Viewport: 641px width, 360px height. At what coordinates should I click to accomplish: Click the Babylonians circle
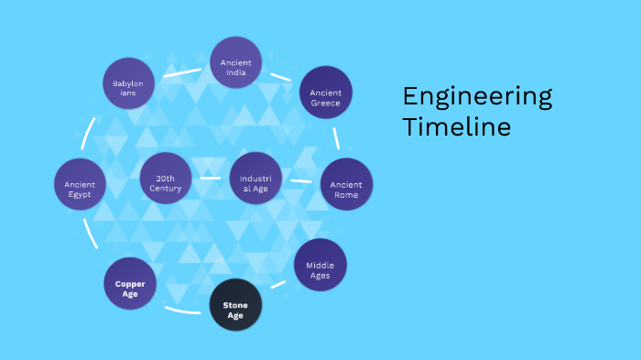128,83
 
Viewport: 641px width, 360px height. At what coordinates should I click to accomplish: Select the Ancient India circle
236,62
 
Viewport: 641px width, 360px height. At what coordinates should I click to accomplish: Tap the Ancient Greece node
326,93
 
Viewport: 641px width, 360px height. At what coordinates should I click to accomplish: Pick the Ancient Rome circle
346,184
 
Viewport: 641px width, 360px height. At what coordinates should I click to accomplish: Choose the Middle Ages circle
320,265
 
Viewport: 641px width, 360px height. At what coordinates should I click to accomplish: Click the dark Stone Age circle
235,304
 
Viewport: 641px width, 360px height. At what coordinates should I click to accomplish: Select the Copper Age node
131,284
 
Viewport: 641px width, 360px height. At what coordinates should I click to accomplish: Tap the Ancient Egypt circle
81,184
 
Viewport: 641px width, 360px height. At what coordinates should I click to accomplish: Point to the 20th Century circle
167,179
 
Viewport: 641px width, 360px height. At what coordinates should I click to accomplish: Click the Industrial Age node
255,179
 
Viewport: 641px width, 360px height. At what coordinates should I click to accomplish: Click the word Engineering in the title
476,96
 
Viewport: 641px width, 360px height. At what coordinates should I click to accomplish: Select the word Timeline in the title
456,126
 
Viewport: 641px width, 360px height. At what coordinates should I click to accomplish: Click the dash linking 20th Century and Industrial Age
211,179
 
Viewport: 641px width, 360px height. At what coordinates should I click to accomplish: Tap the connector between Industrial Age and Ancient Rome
300,181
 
